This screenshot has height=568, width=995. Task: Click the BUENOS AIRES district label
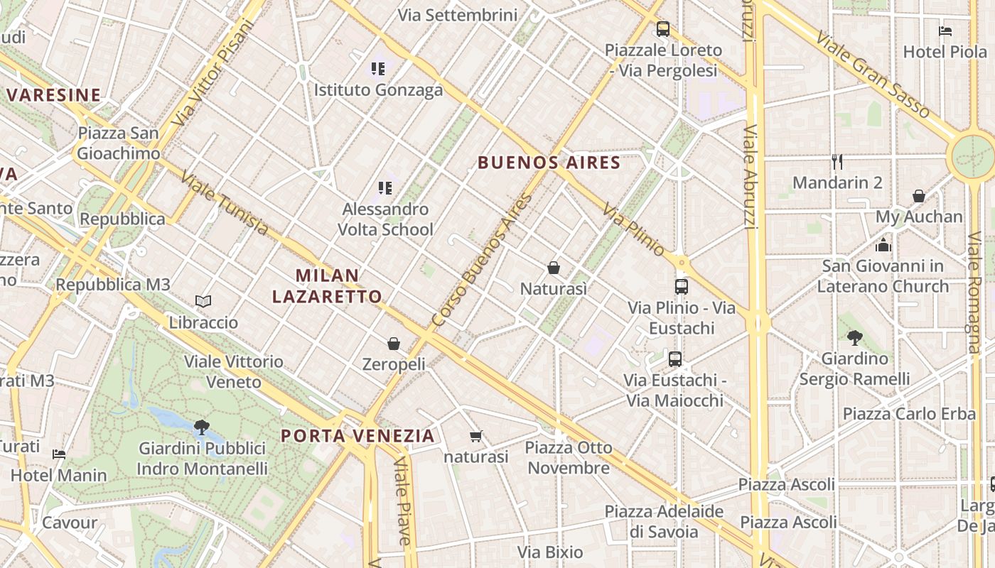click(x=549, y=163)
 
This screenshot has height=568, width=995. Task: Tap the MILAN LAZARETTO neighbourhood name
click(x=327, y=285)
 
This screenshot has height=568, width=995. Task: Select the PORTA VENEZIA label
click(x=357, y=435)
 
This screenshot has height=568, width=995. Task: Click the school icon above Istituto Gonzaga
click(x=378, y=69)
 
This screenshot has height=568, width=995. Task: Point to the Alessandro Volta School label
click(x=385, y=219)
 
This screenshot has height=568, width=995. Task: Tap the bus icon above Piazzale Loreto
click(x=663, y=29)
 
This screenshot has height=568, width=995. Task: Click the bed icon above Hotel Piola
click(x=945, y=31)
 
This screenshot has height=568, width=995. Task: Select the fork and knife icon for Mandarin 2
click(x=837, y=162)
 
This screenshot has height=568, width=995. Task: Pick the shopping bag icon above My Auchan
click(x=919, y=196)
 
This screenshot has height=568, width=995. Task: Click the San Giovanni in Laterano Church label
click(x=883, y=276)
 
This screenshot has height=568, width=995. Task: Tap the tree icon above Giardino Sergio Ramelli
click(x=854, y=338)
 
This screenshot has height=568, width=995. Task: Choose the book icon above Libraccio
click(x=203, y=302)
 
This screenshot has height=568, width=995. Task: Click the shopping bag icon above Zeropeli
click(x=394, y=344)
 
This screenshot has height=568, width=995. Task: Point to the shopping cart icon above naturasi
click(x=475, y=436)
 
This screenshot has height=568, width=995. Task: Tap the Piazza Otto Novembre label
click(x=569, y=457)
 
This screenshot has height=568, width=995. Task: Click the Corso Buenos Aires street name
click(x=481, y=261)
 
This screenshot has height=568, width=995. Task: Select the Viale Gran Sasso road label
click(x=872, y=74)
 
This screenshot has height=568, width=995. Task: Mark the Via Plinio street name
click(x=634, y=229)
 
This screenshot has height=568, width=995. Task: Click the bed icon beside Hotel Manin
click(x=59, y=454)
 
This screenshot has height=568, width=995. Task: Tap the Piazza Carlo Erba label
click(x=909, y=413)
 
